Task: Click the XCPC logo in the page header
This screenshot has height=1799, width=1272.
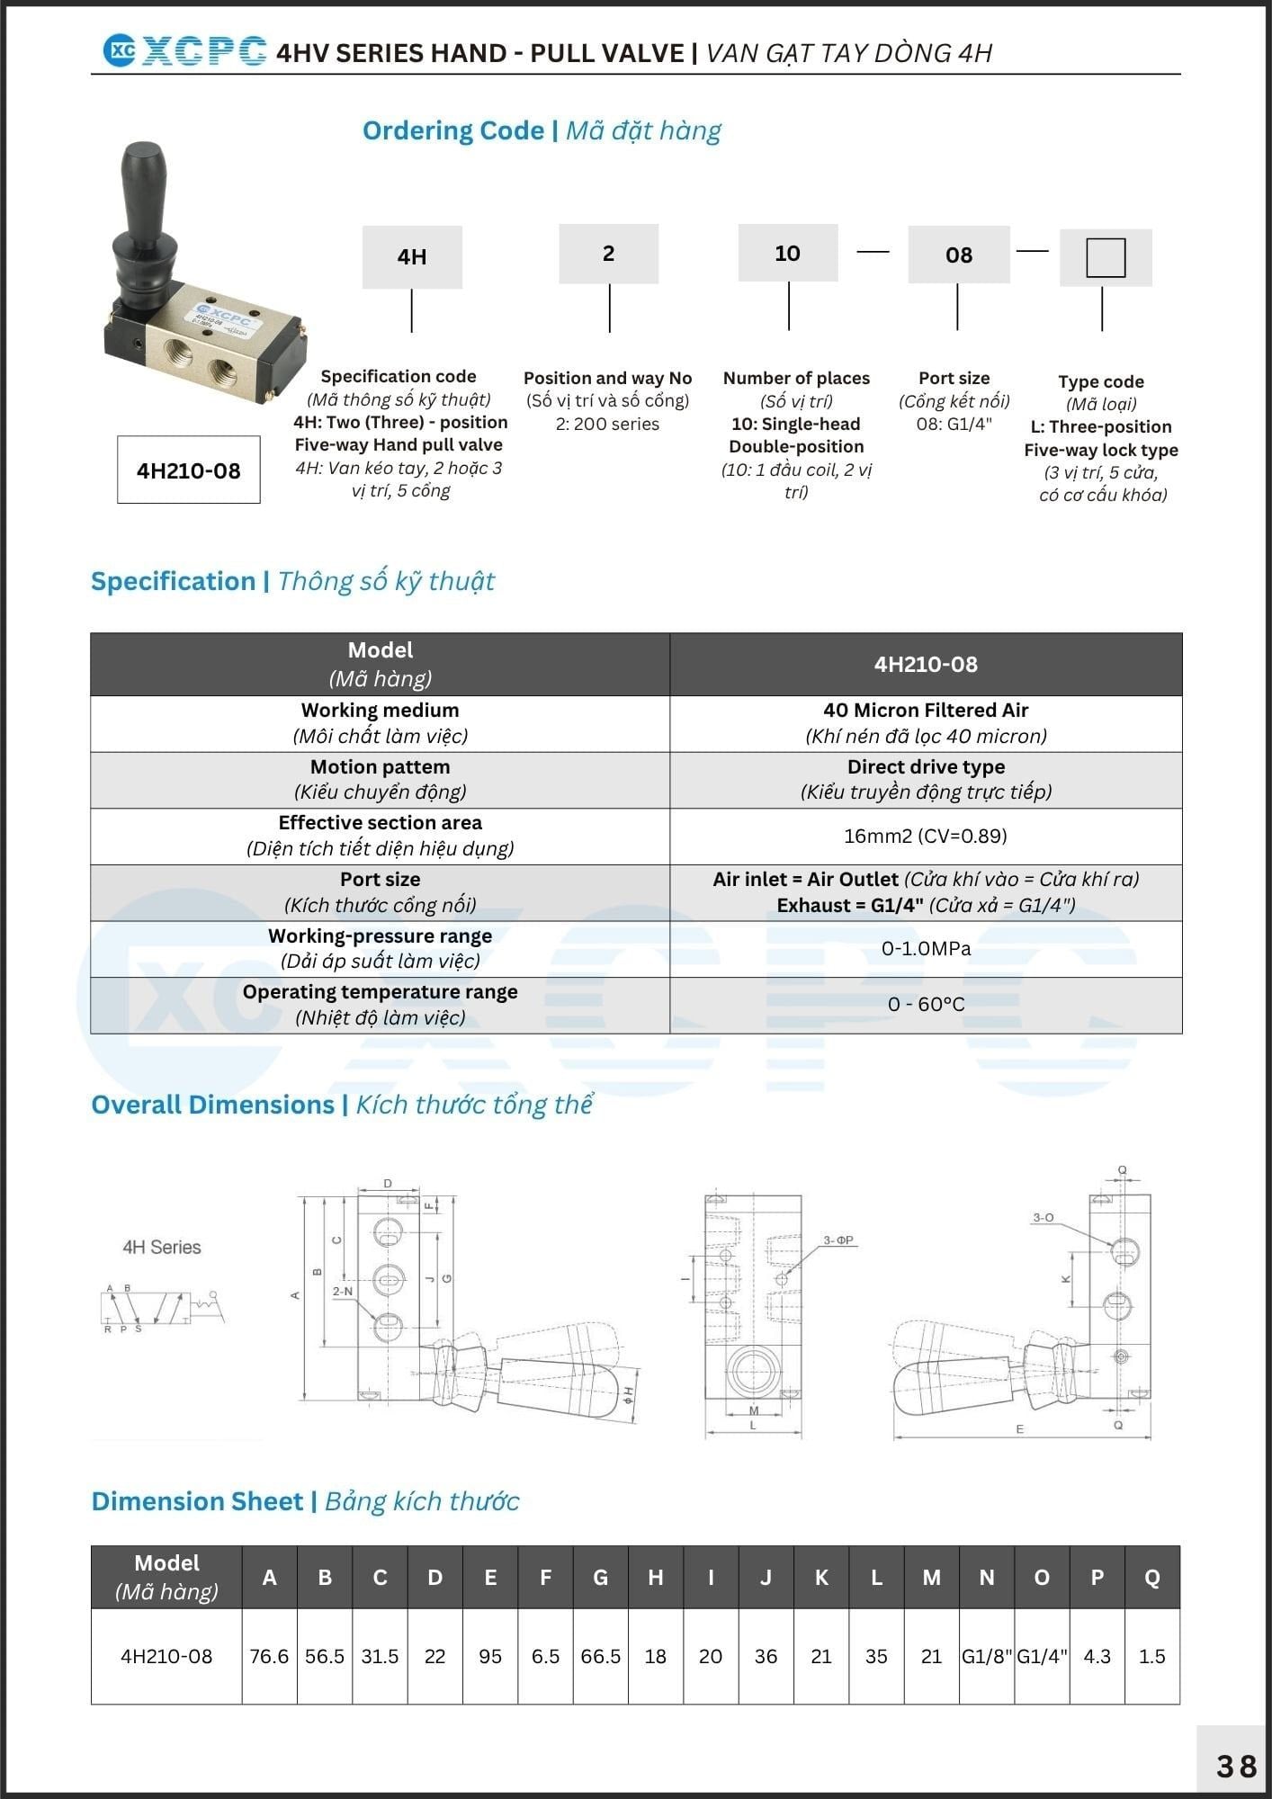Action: [184, 51]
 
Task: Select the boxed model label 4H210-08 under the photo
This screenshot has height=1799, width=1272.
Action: [189, 470]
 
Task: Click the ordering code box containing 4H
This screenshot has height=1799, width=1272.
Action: [412, 257]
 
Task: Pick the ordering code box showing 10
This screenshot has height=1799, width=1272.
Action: [788, 254]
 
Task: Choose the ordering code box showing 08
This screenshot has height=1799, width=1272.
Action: [959, 255]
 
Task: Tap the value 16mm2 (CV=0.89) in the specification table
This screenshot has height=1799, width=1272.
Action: [926, 837]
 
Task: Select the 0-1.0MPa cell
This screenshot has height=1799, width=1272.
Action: [926, 949]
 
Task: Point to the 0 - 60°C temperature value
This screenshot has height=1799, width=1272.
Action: [926, 1005]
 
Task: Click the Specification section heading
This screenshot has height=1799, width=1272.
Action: [292, 581]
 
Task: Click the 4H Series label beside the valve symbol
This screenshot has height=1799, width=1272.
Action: [162, 1248]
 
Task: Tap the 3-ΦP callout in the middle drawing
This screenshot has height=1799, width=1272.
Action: [838, 1240]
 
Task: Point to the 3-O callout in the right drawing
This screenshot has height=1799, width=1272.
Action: [1043, 1218]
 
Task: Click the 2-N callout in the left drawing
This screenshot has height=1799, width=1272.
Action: [343, 1291]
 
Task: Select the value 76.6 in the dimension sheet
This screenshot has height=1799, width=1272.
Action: [269, 1656]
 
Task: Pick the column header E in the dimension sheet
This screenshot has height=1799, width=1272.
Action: [490, 1577]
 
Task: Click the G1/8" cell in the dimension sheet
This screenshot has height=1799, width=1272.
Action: [987, 1656]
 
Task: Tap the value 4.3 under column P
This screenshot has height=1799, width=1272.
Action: [1097, 1656]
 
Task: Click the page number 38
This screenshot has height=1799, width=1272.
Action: [1236, 1767]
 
